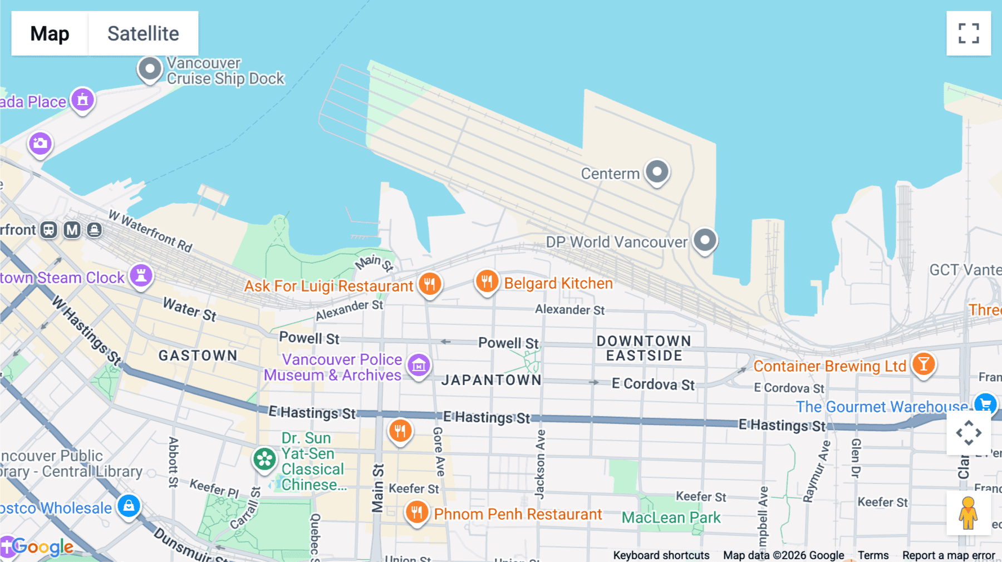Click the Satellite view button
click(143, 33)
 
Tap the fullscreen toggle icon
click(969, 33)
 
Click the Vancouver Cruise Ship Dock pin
click(150, 70)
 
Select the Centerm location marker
click(657, 172)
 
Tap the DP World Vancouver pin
click(705, 240)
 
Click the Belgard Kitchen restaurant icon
click(487, 282)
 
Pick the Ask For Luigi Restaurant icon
click(430, 284)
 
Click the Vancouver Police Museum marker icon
click(419, 366)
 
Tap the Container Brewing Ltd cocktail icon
click(924, 364)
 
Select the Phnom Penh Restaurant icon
click(416, 512)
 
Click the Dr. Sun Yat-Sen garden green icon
click(264, 460)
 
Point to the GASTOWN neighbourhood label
click(198, 356)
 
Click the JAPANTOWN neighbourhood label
click(491, 380)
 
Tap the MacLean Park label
click(671, 517)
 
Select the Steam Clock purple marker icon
click(141, 276)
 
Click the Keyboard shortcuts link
click(661, 555)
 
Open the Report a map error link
click(948, 555)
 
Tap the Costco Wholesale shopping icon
click(129, 506)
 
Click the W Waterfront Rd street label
click(150, 230)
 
